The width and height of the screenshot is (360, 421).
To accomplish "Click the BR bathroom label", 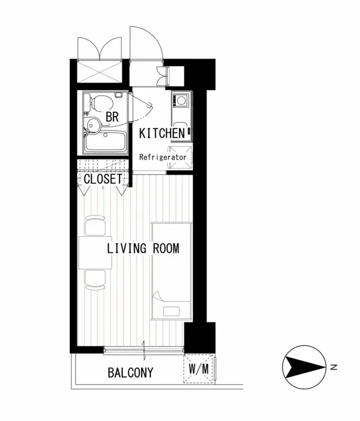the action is (x=112, y=117).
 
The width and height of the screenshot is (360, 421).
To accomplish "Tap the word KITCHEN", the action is (x=162, y=134).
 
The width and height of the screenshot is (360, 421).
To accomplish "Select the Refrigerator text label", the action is (x=163, y=157).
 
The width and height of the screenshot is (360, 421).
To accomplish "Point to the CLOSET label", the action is (x=103, y=179).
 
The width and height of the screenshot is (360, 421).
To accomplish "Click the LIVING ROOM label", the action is (x=143, y=248).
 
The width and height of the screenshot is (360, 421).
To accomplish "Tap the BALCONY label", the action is (x=131, y=373).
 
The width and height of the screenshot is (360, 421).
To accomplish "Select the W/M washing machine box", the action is (x=198, y=369).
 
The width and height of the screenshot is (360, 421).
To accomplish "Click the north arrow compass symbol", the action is (x=304, y=367).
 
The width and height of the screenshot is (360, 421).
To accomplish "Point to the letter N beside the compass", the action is (x=334, y=367).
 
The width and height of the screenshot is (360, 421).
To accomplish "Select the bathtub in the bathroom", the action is (x=105, y=142).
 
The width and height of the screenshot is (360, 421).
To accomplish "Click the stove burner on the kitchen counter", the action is (x=182, y=101).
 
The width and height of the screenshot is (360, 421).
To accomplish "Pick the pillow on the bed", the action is (x=172, y=312).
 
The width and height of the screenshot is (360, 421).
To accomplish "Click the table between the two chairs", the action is (x=95, y=253).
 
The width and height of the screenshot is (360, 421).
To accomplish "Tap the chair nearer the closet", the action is (x=95, y=226).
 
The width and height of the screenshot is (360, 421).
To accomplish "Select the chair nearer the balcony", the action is (x=95, y=280).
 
